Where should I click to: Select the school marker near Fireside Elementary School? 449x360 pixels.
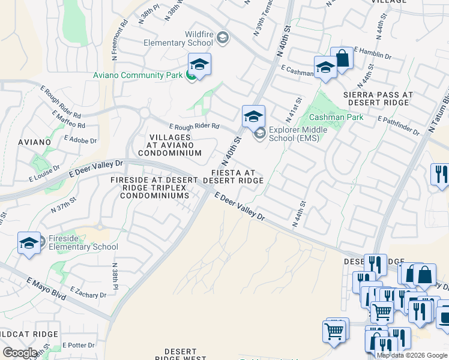[29, 243]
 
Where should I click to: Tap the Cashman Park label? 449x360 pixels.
[336, 117]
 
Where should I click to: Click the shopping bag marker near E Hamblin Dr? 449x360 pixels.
[342, 59]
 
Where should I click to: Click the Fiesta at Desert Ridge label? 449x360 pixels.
[237, 176]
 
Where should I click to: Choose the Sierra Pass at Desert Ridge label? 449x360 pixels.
[378, 99]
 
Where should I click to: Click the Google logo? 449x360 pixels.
[20, 352]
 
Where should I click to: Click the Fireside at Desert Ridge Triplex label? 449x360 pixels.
[154, 187]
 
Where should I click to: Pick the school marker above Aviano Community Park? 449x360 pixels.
[199, 64]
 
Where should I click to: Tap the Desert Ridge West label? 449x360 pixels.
[180, 354]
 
